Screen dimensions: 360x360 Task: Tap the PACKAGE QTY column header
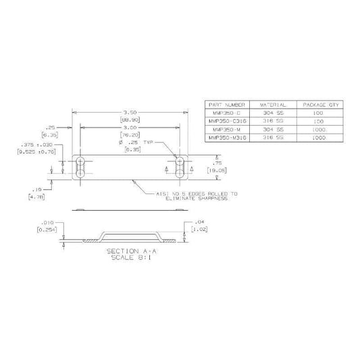(x=319, y=105)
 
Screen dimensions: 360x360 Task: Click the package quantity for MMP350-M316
(x=319, y=137)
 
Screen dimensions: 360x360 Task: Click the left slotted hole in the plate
(x=81, y=168)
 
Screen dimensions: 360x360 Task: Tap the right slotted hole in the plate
(x=180, y=168)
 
